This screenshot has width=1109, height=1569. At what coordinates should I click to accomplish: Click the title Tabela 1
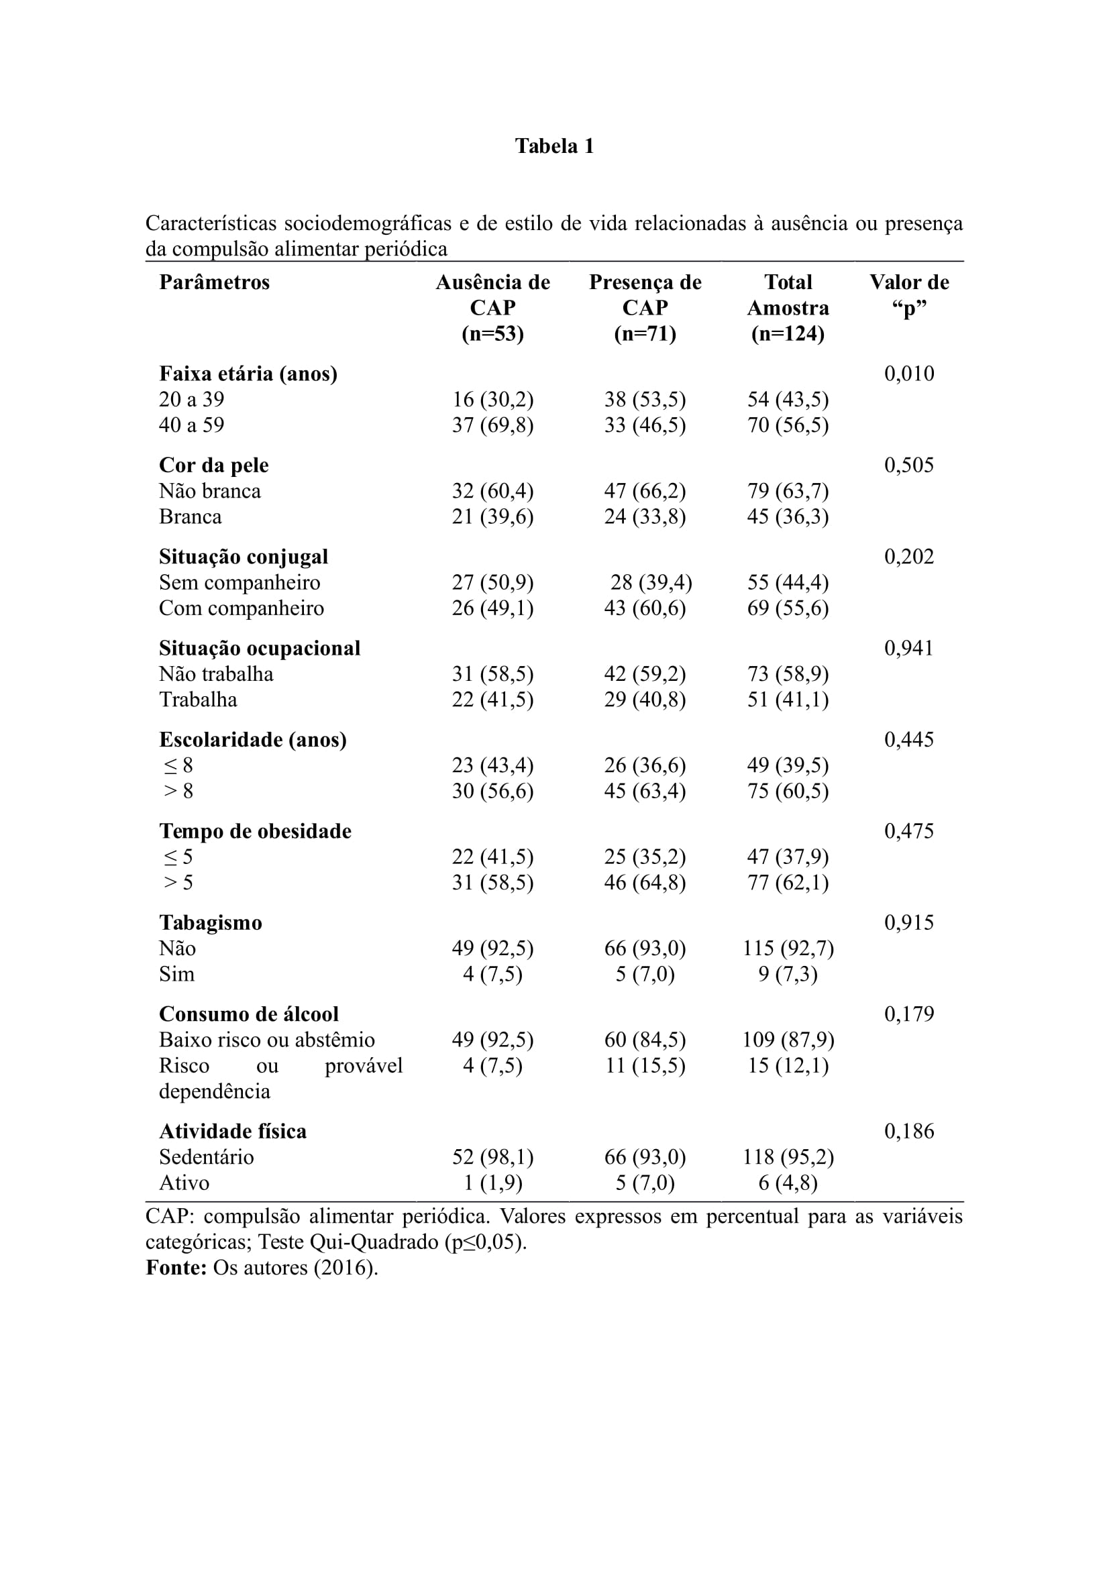[x=554, y=146]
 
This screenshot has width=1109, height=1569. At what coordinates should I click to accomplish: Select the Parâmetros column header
[x=215, y=282]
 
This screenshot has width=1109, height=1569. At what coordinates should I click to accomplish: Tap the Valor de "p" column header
[x=909, y=294]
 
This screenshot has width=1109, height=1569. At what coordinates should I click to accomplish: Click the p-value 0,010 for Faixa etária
[x=909, y=374]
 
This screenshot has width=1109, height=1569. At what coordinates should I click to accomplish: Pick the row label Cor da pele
[x=214, y=466]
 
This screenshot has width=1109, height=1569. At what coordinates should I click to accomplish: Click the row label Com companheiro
[x=242, y=608]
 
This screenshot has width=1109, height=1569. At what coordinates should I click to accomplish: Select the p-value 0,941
[x=909, y=648]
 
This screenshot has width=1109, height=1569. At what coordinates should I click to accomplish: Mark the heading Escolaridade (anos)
[x=253, y=739]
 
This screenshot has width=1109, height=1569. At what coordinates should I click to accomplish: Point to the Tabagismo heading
[x=211, y=922]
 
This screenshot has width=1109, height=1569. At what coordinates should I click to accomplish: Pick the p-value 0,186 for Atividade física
[x=909, y=1131]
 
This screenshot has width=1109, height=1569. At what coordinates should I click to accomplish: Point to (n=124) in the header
[x=787, y=334]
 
